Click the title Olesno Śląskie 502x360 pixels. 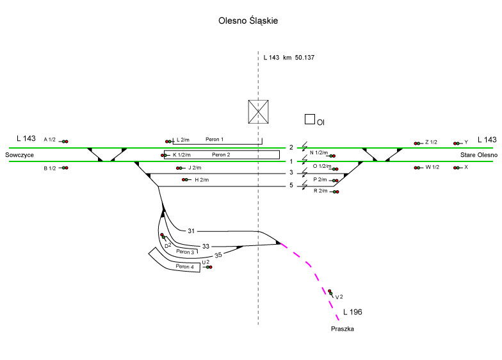click(x=248, y=21)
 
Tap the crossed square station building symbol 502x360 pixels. click(x=258, y=111)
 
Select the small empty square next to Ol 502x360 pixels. click(x=310, y=119)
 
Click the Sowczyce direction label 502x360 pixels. click(x=19, y=156)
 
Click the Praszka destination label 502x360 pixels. click(x=343, y=329)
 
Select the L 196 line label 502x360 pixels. click(x=353, y=313)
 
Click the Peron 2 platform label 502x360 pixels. click(x=220, y=155)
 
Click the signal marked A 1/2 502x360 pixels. click(x=65, y=141)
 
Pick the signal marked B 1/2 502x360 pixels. click(x=65, y=168)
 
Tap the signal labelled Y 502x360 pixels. click(x=457, y=143)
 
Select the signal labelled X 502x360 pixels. click(x=457, y=168)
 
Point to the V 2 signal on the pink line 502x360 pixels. click(x=330, y=293)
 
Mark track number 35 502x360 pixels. click(x=219, y=256)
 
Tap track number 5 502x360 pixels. click(x=291, y=186)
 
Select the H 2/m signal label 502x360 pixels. click(x=202, y=180)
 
